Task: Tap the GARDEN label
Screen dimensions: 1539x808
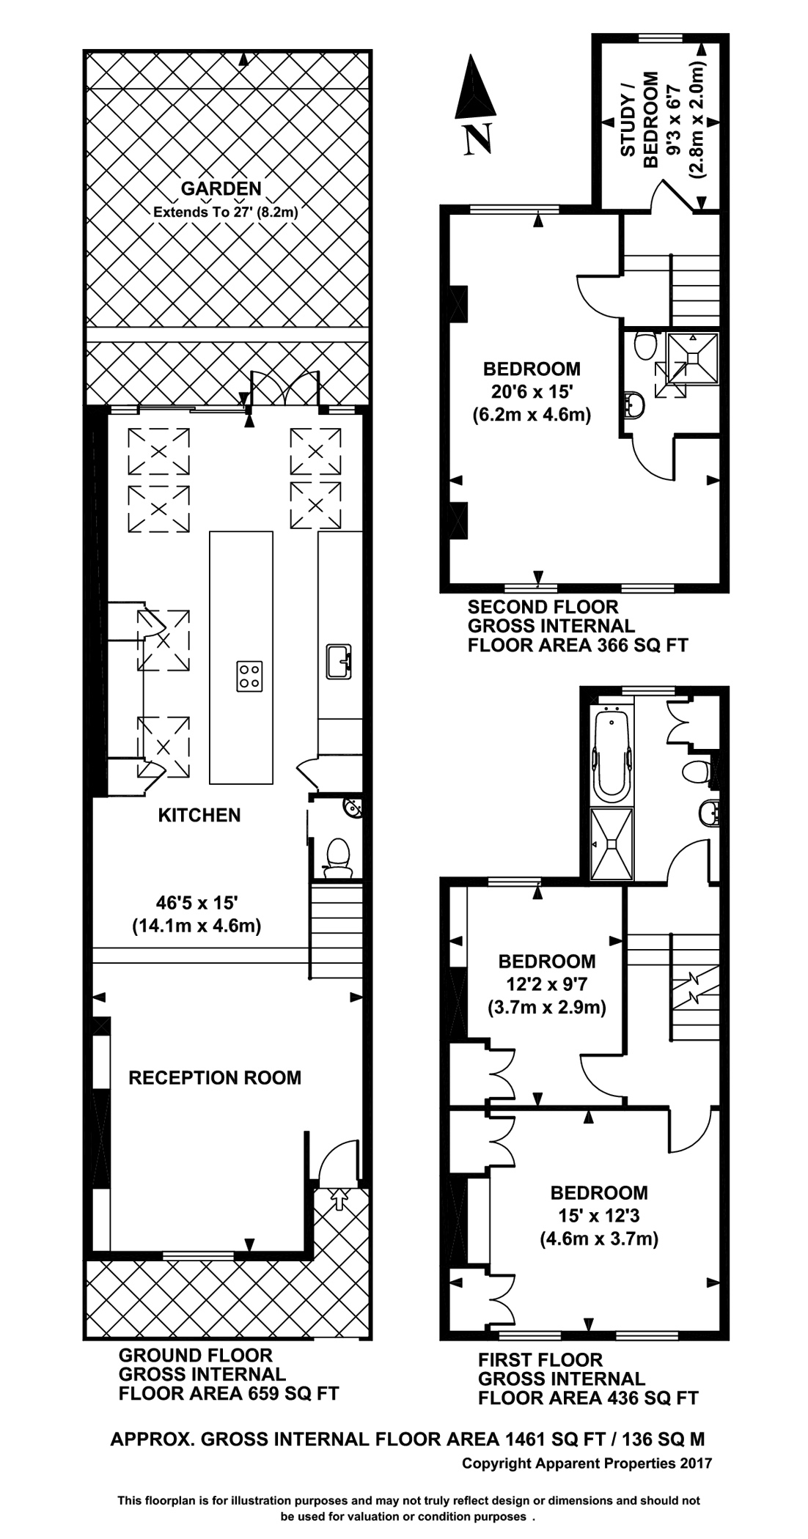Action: (221, 188)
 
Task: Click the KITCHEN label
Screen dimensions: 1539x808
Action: (199, 815)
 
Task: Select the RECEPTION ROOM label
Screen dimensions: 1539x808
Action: (215, 1077)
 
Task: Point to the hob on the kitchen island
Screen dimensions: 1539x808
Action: (249, 675)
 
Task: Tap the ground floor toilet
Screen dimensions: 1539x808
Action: (337, 857)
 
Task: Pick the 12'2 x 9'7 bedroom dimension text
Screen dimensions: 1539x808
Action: (547, 984)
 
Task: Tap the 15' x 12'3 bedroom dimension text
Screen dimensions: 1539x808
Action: (599, 1216)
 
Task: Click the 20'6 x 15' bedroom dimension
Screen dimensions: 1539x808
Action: (531, 391)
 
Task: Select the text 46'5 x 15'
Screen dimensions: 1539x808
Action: (197, 904)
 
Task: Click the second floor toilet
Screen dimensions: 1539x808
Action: (645, 344)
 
